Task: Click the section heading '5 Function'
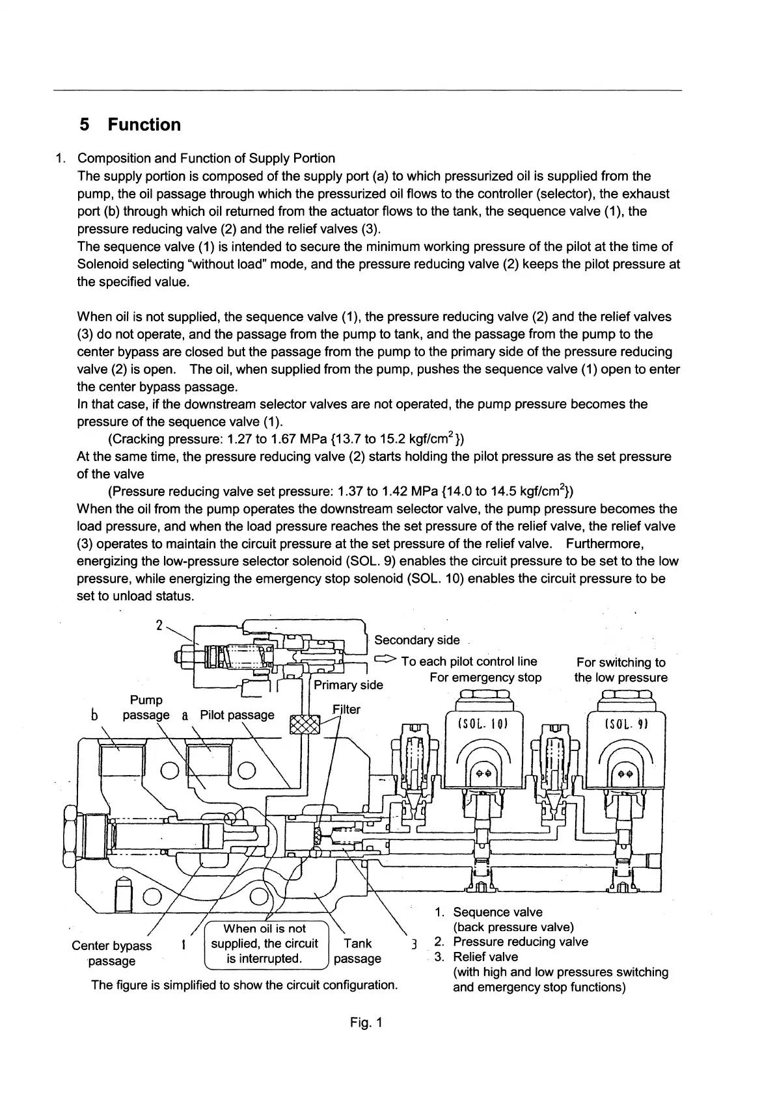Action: pos(129,124)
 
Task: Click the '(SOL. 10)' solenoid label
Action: pos(482,724)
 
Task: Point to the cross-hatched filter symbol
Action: pos(305,724)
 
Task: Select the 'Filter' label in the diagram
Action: pos(346,709)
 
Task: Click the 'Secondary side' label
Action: pos(416,640)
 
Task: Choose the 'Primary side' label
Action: pos(348,685)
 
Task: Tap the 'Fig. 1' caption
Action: pos(366,1023)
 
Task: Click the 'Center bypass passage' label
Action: pos(111,953)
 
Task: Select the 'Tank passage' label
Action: pos(357,951)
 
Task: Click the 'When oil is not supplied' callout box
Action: pos(264,943)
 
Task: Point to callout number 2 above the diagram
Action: pos(159,626)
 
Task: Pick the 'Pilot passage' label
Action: pos(237,715)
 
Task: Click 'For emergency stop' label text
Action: pos(485,678)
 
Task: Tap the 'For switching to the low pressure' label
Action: pos(621,670)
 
